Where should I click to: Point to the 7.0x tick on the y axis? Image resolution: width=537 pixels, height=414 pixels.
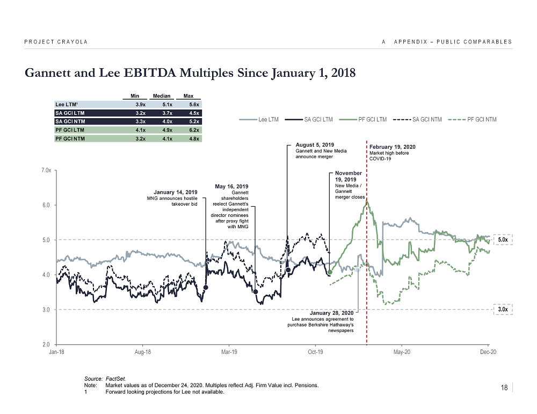click(46, 170)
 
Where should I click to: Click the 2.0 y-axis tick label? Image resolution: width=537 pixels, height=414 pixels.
click(47, 344)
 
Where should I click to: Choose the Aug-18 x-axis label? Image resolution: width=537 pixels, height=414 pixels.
click(143, 352)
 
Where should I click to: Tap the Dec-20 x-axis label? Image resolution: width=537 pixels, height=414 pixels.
click(488, 352)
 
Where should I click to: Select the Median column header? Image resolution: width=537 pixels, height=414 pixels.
click(161, 96)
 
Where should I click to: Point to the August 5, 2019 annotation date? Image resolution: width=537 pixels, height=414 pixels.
click(315, 145)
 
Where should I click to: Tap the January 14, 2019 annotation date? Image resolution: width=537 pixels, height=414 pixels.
click(176, 192)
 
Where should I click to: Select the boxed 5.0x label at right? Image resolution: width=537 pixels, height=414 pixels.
click(503, 239)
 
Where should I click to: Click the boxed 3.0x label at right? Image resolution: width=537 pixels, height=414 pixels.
click(503, 309)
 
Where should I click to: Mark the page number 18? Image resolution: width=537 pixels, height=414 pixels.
click(504, 388)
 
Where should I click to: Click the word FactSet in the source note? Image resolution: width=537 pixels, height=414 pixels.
click(116, 379)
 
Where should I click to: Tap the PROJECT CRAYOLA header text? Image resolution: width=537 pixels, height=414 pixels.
click(56, 42)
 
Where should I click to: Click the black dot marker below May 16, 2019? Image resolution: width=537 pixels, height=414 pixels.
click(255, 292)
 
